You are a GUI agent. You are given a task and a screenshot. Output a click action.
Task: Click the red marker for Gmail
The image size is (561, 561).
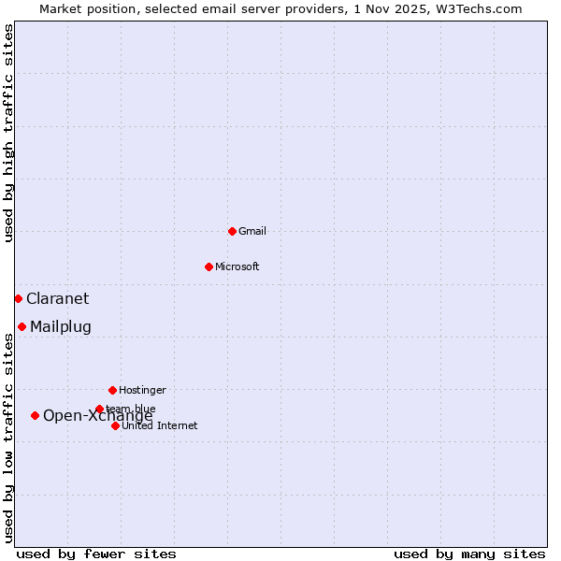(232, 231)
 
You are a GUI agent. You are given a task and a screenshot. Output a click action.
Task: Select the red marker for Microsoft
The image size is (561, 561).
(209, 266)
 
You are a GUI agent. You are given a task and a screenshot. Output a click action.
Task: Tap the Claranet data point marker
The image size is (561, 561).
(18, 298)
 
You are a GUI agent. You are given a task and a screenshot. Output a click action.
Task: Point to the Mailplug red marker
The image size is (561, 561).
(22, 326)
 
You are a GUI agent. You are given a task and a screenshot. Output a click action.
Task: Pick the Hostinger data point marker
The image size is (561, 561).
(112, 390)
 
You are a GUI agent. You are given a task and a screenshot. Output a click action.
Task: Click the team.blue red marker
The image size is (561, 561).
(99, 409)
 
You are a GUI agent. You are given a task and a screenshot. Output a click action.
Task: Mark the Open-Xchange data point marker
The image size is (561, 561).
(35, 415)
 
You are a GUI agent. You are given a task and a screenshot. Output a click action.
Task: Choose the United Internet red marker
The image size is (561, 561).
(115, 425)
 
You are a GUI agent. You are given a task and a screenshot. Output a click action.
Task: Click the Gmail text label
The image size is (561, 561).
(252, 231)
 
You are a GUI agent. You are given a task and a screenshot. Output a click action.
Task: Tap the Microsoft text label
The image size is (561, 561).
(237, 266)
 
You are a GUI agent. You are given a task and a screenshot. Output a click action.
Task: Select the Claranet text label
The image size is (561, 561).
(57, 298)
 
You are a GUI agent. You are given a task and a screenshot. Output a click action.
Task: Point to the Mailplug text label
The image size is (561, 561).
(61, 326)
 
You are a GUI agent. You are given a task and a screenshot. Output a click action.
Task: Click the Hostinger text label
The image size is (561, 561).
(142, 390)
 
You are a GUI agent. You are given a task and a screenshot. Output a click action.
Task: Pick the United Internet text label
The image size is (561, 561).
(160, 425)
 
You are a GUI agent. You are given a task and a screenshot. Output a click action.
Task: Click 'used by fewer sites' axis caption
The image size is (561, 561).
(96, 554)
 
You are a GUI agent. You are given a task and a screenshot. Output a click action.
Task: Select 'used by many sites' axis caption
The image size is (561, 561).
(469, 554)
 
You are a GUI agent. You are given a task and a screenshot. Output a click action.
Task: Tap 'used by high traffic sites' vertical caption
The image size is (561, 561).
(8, 133)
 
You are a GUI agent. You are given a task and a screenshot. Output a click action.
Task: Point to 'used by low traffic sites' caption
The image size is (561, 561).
(8, 438)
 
